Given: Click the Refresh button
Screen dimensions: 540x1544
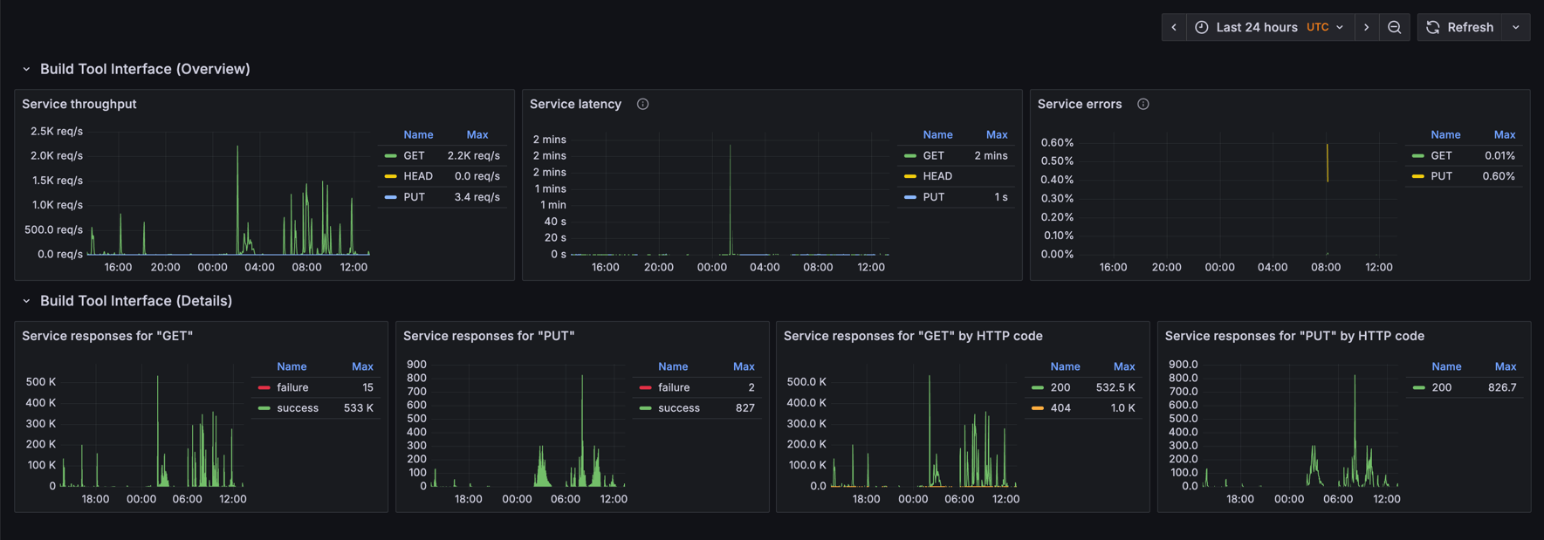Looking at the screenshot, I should coord(1461,27).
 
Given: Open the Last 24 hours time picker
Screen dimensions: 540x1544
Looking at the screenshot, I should coord(1268,27).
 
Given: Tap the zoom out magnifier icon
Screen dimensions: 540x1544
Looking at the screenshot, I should coord(1394,27).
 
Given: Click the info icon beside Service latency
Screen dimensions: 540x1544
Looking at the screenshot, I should coord(642,104).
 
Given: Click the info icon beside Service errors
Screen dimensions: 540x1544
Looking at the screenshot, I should coord(1143,104).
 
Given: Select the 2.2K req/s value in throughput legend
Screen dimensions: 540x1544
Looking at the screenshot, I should coord(473,155).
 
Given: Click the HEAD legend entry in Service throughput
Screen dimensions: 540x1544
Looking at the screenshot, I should coord(417,176).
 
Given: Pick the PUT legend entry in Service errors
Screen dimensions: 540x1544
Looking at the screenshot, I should coord(1441,176).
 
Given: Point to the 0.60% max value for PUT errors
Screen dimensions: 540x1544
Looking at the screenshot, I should coord(1498,176).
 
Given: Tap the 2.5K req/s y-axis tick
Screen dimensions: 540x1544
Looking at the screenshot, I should coord(57,131).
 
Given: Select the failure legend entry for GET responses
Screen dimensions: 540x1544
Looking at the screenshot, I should coord(292,387).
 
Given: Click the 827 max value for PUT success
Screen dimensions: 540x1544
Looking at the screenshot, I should coord(745,408).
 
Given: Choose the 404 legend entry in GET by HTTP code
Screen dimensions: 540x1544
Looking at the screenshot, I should coord(1060,408).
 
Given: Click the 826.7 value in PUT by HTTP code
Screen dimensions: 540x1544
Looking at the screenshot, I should coord(1501,387).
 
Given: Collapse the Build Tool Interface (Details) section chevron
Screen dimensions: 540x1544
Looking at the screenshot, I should coord(26,301).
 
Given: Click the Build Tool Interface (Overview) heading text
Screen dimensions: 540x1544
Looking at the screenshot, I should coord(145,69).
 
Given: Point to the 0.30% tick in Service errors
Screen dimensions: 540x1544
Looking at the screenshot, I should coord(1057,198).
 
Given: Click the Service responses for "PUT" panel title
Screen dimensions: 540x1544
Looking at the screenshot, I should coord(489,336).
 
